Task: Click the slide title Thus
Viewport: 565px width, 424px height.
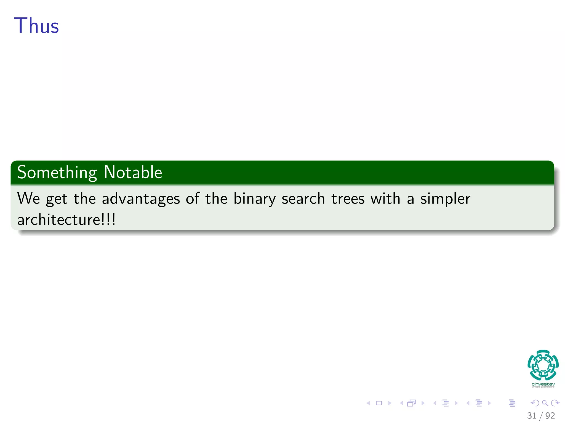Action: pos(36,26)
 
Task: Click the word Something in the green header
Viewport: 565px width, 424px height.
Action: pos(57,173)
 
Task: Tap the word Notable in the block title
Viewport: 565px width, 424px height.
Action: pos(133,173)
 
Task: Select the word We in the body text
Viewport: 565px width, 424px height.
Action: pos(28,198)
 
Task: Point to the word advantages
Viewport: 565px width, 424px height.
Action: pos(141,199)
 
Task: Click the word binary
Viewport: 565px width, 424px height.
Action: pos(254,199)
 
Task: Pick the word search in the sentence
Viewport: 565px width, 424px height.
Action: pos(303,199)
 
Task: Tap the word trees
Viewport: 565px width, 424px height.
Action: pos(348,199)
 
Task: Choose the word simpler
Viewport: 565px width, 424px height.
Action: pos(445,199)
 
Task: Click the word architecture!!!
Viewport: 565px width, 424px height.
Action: pos(66,220)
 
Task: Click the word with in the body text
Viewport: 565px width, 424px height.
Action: pos(385,198)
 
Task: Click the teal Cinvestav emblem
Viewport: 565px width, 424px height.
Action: pos(543,365)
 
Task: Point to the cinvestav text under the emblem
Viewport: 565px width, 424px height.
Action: pos(543,384)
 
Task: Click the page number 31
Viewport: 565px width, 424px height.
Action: pos(532,415)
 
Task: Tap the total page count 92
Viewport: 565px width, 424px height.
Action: pos(550,415)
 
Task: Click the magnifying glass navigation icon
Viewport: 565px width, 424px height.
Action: pos(545,403)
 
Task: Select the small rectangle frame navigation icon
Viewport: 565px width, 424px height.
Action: pos(379,403)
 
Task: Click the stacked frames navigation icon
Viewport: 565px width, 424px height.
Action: pos(411,403)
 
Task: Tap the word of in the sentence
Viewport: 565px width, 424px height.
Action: pos(193,198)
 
